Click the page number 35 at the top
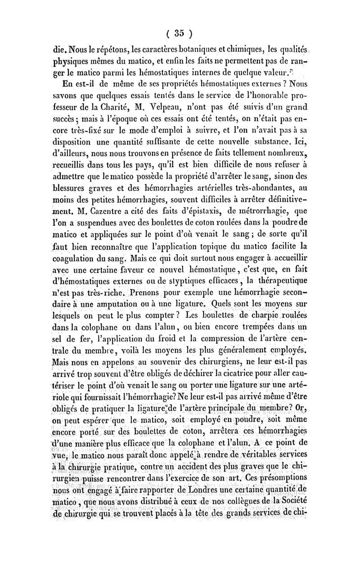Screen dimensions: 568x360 click(x=180, y=33)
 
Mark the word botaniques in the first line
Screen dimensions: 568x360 click(x=188, y=46)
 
